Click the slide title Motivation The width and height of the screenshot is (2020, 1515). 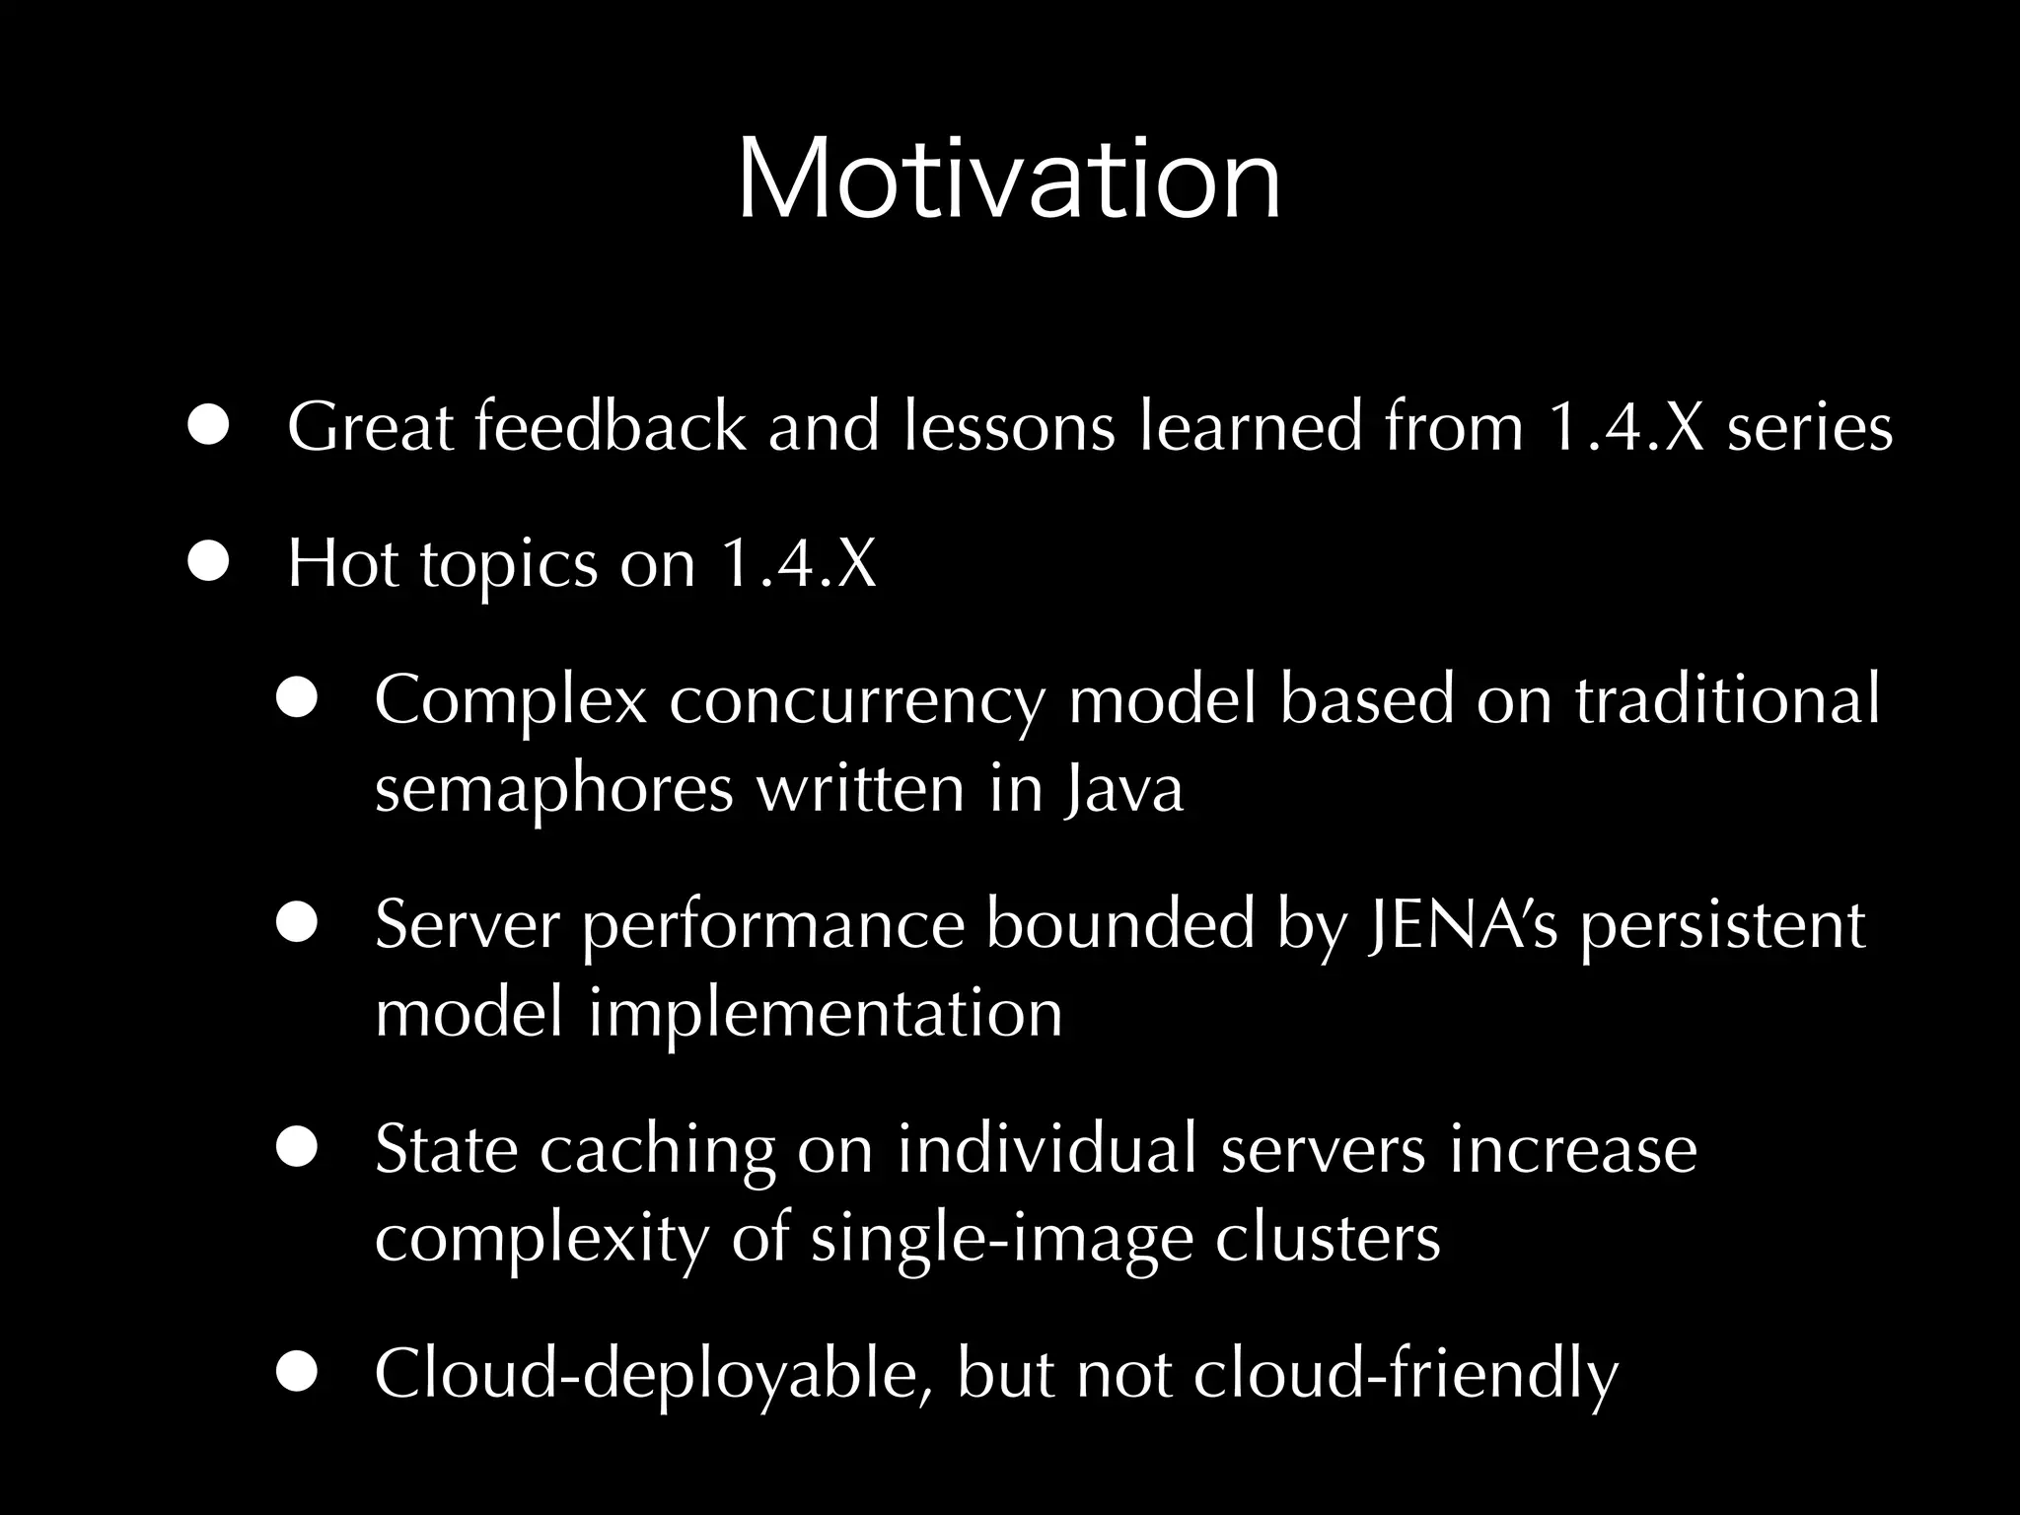click(1008, 180)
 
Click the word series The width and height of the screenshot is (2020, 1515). click(1809, 427)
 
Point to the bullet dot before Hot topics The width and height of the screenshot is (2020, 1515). click(208, 563)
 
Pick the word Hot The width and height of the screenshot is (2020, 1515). click(341, 563)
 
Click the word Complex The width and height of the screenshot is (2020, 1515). click(510, 699)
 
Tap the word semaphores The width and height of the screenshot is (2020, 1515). click(553, 789)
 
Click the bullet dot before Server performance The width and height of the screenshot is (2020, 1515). click(296, 924)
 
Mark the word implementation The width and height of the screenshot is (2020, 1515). click(826, 1014)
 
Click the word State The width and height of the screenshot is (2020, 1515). click(445, 1149)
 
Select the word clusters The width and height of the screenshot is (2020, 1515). click(1327, 1238)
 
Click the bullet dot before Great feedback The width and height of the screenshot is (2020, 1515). click(208, 427)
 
